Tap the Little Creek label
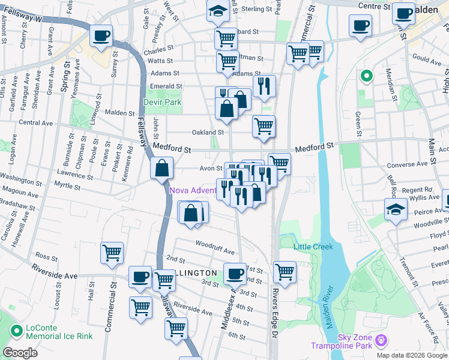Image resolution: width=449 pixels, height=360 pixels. click(313, 247)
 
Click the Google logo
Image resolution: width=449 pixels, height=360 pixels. click(20, 353)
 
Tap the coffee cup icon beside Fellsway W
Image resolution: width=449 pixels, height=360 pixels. click(101, 36)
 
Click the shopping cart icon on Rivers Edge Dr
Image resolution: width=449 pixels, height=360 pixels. click(285, 271)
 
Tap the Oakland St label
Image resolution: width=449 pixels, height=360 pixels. click(208, 133)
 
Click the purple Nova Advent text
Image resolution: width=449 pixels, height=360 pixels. click(193, 191)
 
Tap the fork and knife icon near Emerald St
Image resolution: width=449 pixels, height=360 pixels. click(264, 86)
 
